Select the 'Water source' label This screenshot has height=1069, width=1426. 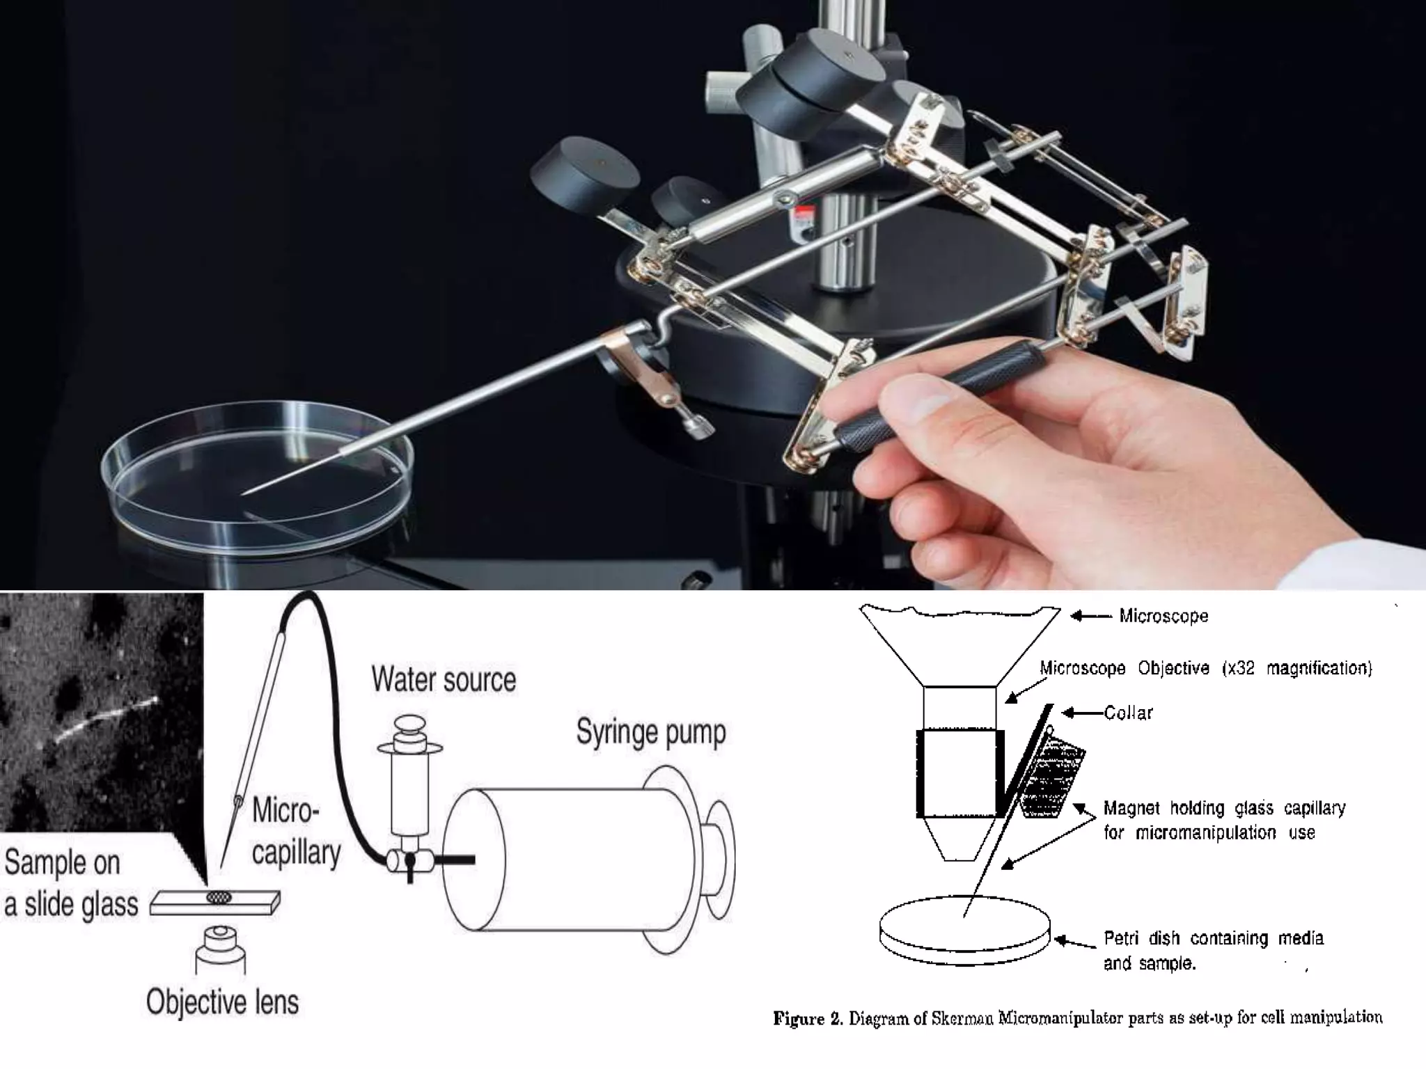pyautogui.click(x=444, y=679)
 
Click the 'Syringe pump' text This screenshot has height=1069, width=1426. pyautogui.click(x=651, y=733)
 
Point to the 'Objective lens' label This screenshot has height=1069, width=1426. pyautogui.click(x=222, y=1002)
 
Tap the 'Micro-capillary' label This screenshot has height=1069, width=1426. pyautogui.click(x=296, y=832)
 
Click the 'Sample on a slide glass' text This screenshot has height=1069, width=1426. pyautogui.click(x=71, y=883)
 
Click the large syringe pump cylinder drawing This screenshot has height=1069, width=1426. pyautogui.click(x=588, y=860)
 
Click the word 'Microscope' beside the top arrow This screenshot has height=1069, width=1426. pyautogui.click(x=1163, y=616)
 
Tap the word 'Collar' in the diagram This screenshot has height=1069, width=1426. pyautogui.click(x=1128, y=713)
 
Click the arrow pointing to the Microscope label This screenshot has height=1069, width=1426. pyautogui.click(x=1090, y=616)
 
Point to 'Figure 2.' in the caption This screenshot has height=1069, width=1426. pyautogui.click(x=808, y=1019)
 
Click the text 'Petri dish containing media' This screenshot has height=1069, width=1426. pyautogui.click(x=1214, y=938)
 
